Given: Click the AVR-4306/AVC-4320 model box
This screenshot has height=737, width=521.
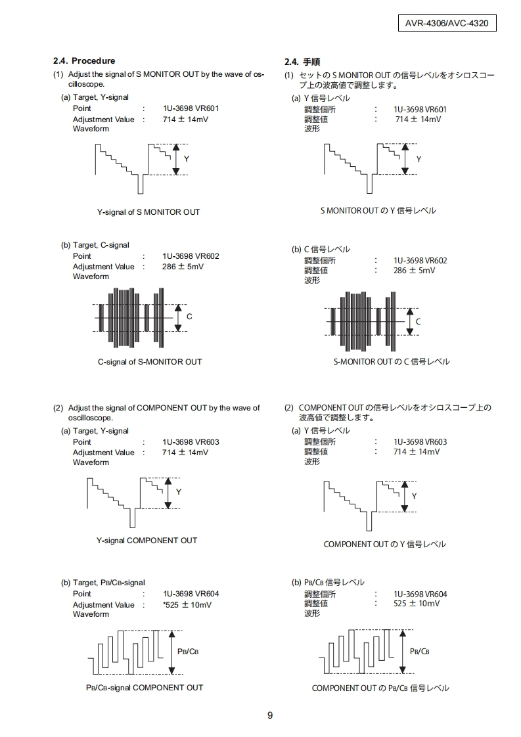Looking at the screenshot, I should click(446, 24).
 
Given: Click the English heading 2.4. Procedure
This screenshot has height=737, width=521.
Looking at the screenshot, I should click(84, 61).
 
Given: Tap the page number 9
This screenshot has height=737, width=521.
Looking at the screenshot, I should click(270, 715).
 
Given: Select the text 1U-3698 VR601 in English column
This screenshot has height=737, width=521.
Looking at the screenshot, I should click(191, 108).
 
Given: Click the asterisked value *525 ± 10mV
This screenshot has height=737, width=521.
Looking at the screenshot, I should click(187, 605).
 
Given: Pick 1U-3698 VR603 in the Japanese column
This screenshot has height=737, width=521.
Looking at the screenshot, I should click(420, 442).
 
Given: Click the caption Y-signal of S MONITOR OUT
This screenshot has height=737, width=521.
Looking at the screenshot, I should click(148, 212).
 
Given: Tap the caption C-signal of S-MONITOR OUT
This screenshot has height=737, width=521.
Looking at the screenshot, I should click(150, 362).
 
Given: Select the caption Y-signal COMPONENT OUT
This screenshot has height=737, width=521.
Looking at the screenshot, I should click(147, 541).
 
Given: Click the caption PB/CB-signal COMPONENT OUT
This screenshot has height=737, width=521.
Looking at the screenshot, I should click(145, 688).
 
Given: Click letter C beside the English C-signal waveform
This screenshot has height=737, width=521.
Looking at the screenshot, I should click(189, 317).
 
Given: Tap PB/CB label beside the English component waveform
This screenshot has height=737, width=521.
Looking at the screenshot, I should click(188, 651).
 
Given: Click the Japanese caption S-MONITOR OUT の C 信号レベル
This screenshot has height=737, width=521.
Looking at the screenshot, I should click(392, 362).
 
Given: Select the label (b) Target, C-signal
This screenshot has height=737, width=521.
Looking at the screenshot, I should click(95, 245).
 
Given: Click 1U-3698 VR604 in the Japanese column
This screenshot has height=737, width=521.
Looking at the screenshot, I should click(420, 594).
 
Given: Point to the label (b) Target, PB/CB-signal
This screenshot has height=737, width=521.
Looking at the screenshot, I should click(103, 583).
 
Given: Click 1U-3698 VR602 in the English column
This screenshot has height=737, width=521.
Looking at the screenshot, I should click(191, 256).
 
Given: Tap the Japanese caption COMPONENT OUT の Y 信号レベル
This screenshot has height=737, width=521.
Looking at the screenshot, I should click(384, 544).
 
